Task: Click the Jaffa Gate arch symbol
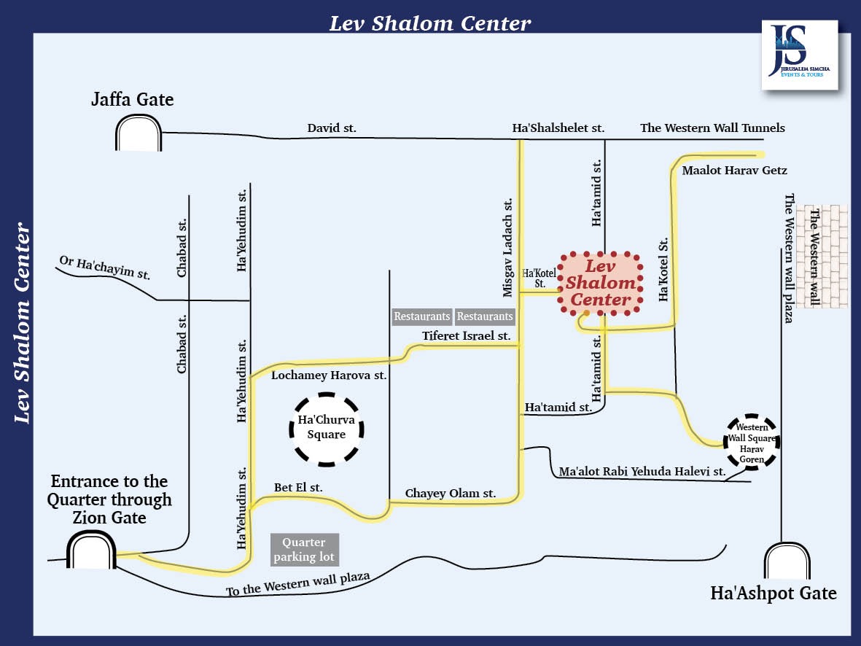pos(138,133)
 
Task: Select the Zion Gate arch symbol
pos(92,550)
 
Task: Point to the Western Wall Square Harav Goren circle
pos(752,442)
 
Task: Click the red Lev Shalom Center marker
pos(600,284)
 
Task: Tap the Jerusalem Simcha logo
pos(799,55)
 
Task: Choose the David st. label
pos(331,128)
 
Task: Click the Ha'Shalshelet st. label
pos(558,128)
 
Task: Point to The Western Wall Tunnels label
pos(712,128)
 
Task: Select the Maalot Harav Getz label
pos(734,171)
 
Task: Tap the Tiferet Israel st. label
pos(467,335)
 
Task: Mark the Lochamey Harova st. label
pos(328,375)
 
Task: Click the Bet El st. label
pos(297,487)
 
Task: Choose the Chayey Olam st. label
pos(450,494)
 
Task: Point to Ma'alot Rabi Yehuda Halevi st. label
pos(642,472)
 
